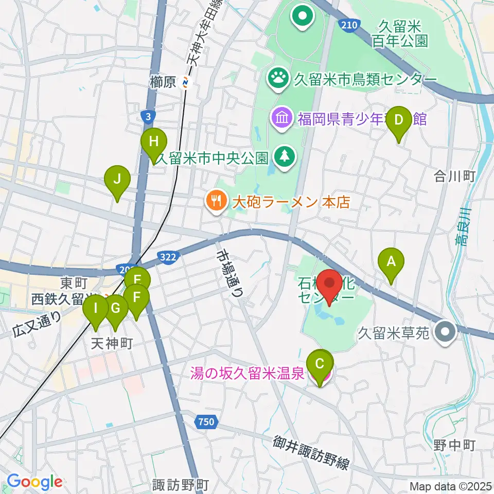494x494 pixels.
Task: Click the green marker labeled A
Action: (x=391, y=261)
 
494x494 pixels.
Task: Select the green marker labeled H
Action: (x=154, y=141)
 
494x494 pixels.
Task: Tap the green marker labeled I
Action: (x=96, y=310)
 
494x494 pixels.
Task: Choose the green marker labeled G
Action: (x=116, y=309)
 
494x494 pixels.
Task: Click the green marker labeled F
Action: (x=137, y=298)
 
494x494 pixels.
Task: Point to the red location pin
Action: (x=329, y=285)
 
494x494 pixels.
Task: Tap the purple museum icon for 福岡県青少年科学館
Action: (x=283, y=118)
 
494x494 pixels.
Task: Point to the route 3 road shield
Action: (x=148, y=118)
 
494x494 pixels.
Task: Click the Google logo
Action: (x=34, y=482)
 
